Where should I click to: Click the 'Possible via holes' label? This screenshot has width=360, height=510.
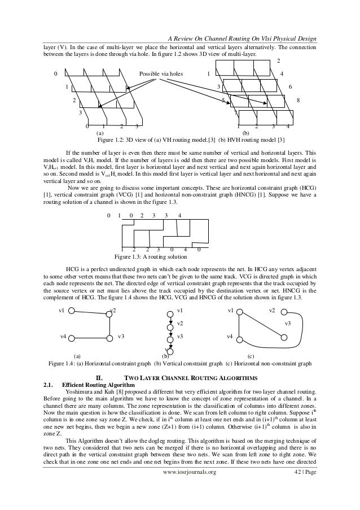[x=163, y=73]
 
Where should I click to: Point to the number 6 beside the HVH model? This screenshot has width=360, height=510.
[x=289, y=86]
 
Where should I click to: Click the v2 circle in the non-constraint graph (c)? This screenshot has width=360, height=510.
[x=284, y=312]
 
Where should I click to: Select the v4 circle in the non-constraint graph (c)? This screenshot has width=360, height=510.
[x=239, y=338]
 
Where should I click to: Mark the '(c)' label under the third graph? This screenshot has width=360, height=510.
[x=251, y=356]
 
